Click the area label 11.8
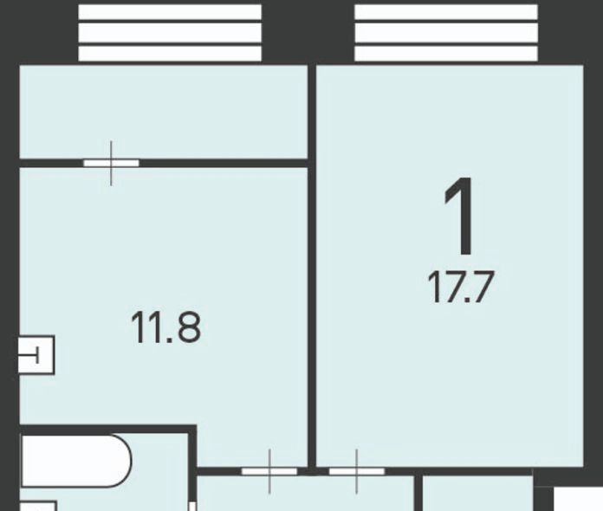tap(165, 327)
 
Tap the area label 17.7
tap(460, 287)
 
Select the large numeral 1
tap(460, 216)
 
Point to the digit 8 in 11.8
tap(189, 327)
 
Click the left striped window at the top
tap(170, 33)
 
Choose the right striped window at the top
tap(446, 33)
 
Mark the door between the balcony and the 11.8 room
tap(111, 163)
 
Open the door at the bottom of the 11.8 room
tap(269, 471)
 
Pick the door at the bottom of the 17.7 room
tap(356, 471)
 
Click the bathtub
tap(76, 461)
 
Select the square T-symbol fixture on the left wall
tap(36, 355)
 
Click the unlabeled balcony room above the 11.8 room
tap(164, 112)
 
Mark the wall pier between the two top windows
tap(308, 33)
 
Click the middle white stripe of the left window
tap(170, 33)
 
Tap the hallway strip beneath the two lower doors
tap(306, 494)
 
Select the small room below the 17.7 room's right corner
tap(478, 494)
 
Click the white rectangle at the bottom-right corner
tap(579, 499)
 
